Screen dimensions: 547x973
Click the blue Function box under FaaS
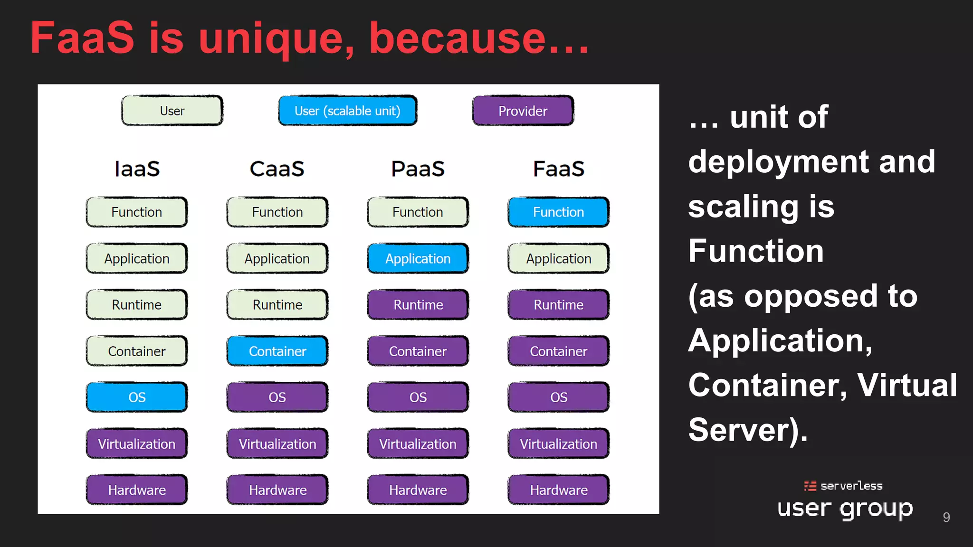pyautogui.click(x=558, y=212)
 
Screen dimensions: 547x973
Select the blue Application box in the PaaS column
pyautogui.click(x=418, y=258)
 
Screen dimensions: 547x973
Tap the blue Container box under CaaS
pyautogui.click(x=277, y=351)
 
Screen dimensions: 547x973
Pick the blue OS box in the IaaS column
pyautogui.click(x=137, y=397)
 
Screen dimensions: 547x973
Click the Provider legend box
pyautogui.click(x=523, y=111)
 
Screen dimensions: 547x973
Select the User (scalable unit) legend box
pyautogui.click(x=347, y=111)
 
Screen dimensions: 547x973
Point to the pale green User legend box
pyautogui.click(x=172, y=111)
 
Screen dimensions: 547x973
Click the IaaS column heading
pyautogui.click(x=137, y=169)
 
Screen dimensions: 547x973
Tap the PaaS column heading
pyautogui.click(x=418, y=169)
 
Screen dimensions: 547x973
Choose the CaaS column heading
pyautogui.click(x=277, y=169)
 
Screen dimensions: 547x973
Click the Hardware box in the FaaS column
pyautogui.click(x=558, y=490)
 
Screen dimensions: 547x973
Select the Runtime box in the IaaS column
pyautogui.click(x=137, y=304)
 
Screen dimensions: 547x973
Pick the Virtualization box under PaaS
pyautogui.click(x=418, y=443)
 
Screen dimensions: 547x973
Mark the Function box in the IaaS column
pyautogui.click(x=137, y=212)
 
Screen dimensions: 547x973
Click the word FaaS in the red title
pyautogui.click(x=82, y=38)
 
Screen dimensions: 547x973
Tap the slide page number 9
pyautogui.click(x=946, y=517)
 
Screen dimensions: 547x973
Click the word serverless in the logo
pyautogui.click(x=851, y=486)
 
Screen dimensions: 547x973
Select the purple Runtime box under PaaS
pyautogui.click(x=418, y=304)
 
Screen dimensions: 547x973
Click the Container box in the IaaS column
pyautogui.click(x=137, y=351)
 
